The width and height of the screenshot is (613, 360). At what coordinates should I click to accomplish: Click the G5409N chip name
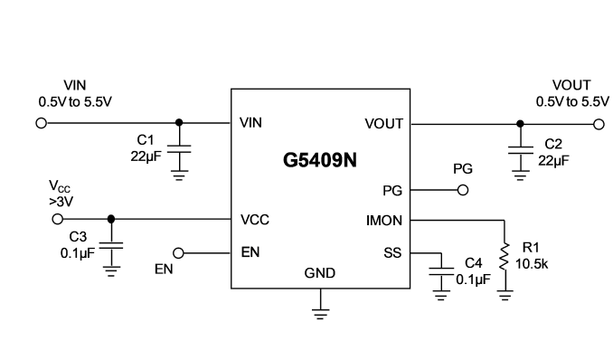[x=320, y=160]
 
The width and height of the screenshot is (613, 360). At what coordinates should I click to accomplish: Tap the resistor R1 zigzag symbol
[x=505, y=256]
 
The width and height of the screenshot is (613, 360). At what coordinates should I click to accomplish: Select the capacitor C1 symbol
[x=179, y=148]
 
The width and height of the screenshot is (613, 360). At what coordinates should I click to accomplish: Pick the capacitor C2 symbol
[x=521, y=150]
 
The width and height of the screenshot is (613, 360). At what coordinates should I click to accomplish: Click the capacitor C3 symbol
[x=111, y=246]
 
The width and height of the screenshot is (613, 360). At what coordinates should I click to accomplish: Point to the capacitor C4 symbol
[x=441, y=271]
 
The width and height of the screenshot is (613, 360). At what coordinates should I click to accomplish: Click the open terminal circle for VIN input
[x=41, y=123]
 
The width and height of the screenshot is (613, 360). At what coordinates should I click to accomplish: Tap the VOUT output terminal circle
[x=599, y=125]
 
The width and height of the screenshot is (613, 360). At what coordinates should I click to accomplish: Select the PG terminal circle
[x=463, y=190]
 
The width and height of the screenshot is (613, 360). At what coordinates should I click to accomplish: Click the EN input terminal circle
[x=178, y=253]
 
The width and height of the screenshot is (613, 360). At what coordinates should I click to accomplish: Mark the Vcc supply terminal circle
[x=58, y=219]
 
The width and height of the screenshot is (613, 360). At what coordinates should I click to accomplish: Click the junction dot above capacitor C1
[x=179, y=122]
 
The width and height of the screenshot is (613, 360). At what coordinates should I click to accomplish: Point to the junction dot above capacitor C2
[x=520, y=124]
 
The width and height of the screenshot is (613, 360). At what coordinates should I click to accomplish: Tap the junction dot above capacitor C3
[x=111, y=219]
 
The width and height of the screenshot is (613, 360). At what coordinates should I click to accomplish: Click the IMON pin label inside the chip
[x=384, y=221]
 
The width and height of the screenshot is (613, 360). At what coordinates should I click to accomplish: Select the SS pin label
[x=392, y=253]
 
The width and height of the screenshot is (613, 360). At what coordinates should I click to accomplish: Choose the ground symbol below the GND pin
[x=320, y=314]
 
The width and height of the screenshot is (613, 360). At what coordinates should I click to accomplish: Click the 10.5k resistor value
[x=532, y=264]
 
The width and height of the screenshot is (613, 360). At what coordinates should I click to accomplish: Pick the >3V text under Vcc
[x=61, y=202]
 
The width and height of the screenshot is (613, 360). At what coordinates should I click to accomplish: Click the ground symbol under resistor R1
[x=505, y=296]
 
